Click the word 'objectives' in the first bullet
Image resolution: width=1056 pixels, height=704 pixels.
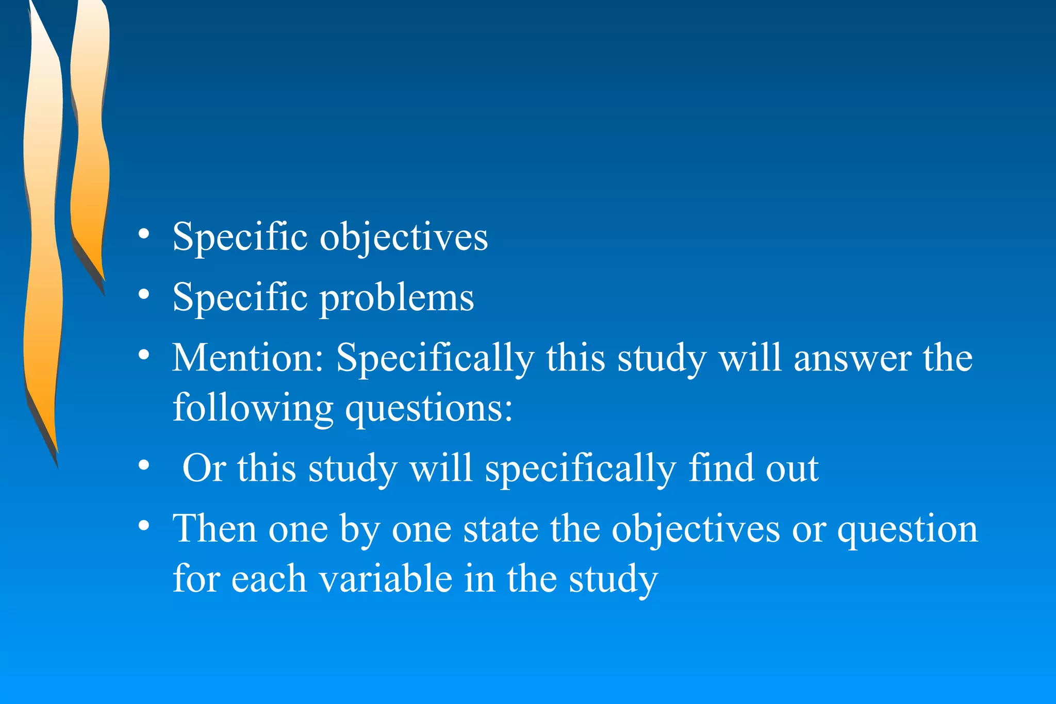[x=404, y=238]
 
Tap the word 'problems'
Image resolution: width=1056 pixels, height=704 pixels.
[x=397, y=299]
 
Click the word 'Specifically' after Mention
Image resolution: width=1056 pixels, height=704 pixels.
[x=435, y=359]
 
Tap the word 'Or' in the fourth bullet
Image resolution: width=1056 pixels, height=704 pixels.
[x=204, y=468]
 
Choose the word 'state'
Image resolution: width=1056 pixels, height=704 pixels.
[x=500, y=530]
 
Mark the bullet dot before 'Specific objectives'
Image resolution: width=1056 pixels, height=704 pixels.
[x=144, y=234]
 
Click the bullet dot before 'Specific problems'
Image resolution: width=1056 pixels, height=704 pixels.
[x=144, y=295]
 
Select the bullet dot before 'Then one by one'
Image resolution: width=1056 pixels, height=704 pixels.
[x=144, y=526]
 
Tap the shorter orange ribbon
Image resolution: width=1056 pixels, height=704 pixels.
[x=89, y=155]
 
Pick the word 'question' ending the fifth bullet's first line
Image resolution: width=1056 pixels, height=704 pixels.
[x=907, y=530]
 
